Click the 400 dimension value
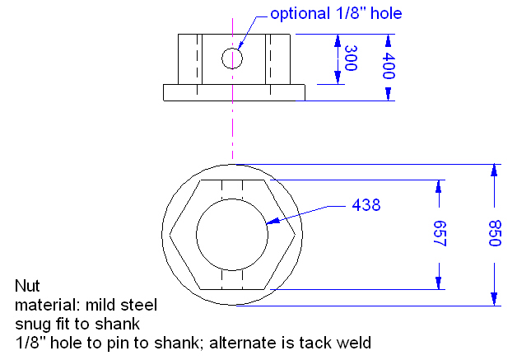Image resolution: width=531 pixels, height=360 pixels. pos(388,66)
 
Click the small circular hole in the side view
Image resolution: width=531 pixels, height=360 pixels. pos(232,58)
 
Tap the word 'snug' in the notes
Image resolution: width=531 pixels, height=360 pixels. pos(31,323)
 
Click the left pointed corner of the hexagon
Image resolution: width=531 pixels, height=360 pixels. pos(170,234)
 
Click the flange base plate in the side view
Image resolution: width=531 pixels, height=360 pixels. pos(234,92)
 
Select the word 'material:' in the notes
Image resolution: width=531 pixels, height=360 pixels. pos(44,305)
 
